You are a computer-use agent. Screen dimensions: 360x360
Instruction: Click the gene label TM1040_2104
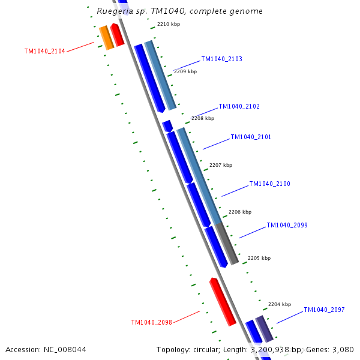coord(44,52)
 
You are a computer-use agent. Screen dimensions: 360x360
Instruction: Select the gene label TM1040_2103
coord(221,59)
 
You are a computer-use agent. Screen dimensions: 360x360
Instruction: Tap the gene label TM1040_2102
coord(239,107)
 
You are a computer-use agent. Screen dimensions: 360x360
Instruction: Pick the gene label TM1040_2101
coord(251,137)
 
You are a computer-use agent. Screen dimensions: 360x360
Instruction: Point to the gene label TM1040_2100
coord(269,184)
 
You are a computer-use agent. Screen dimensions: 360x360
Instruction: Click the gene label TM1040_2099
coord(287,226)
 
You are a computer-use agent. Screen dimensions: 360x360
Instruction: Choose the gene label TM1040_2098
coord(151,323)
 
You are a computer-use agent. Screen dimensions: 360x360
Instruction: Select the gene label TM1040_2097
coord(324,310)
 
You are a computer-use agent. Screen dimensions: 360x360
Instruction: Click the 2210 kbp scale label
coord(168,25)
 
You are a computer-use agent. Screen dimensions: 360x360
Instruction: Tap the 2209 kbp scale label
coord(185,71)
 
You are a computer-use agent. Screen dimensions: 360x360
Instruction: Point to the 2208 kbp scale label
coord(202,118)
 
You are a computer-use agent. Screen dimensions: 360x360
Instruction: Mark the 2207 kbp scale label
coord(220,165)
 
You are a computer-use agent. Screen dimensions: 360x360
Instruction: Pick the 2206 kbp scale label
coord(239,212)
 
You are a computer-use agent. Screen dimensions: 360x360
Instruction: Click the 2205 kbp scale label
coord(259,258)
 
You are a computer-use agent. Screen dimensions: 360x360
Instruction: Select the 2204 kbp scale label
coord(279,304)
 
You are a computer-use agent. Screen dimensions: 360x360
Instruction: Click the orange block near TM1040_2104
coord(106,38)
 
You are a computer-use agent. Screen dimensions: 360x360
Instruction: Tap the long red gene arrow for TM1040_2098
coord(222,302)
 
